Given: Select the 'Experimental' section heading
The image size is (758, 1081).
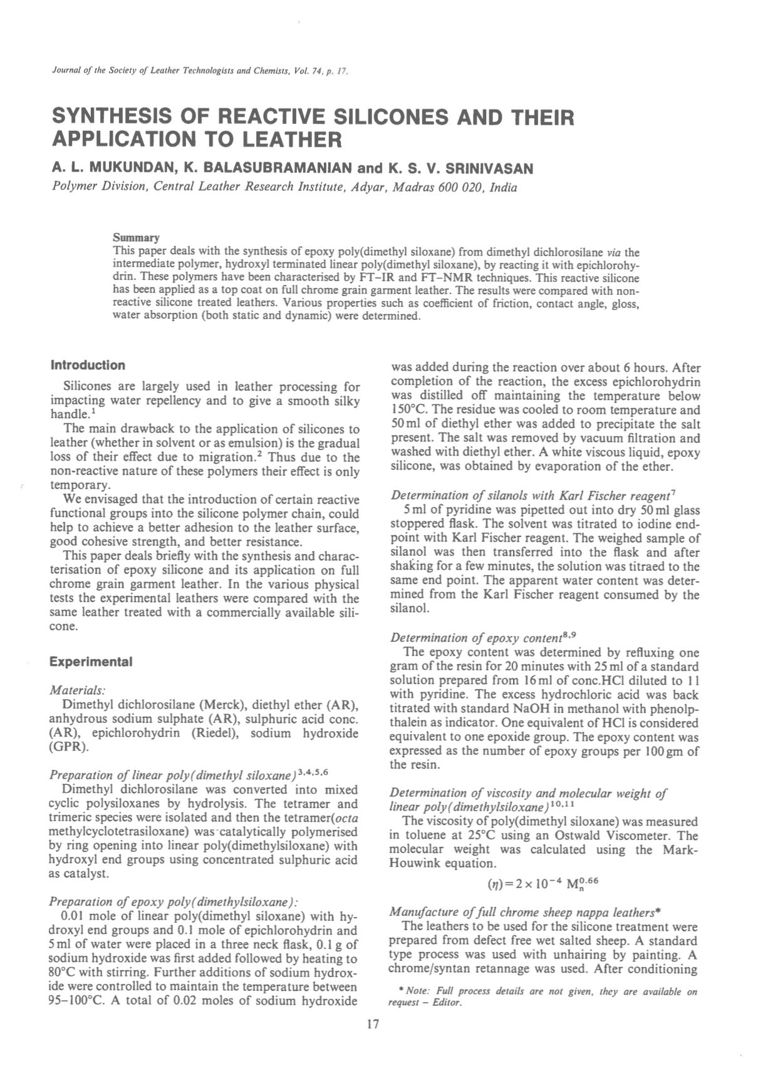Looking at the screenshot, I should (x=90, y=662).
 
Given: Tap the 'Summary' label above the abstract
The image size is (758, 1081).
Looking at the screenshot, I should (x=136, y=238).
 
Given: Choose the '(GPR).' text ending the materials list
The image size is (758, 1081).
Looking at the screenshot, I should (x=68, y=747).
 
